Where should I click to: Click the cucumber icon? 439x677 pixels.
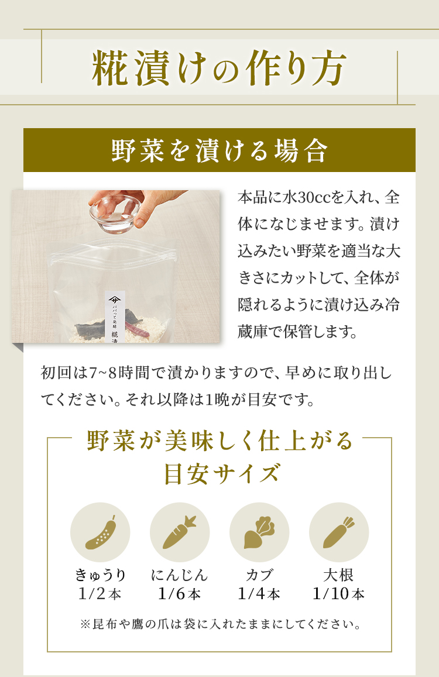[101, 532]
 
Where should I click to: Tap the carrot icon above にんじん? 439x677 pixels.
[179, 532]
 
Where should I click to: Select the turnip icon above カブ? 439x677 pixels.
[259, 532]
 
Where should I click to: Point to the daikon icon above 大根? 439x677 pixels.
[339, 532]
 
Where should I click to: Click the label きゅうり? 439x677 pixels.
[100, 575]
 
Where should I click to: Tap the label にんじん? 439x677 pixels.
[179, 575]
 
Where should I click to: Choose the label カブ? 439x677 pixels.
[259, 575]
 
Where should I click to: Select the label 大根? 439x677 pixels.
[339, 575]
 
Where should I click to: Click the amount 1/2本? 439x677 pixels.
[100, 594]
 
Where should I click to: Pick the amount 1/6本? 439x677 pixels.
[179, 594]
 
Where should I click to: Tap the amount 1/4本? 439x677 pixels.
[259, 594]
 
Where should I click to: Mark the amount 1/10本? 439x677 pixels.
[339, 594]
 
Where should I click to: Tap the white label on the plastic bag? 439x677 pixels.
[115, 317]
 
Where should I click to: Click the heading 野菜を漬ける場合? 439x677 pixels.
[220, 151]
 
